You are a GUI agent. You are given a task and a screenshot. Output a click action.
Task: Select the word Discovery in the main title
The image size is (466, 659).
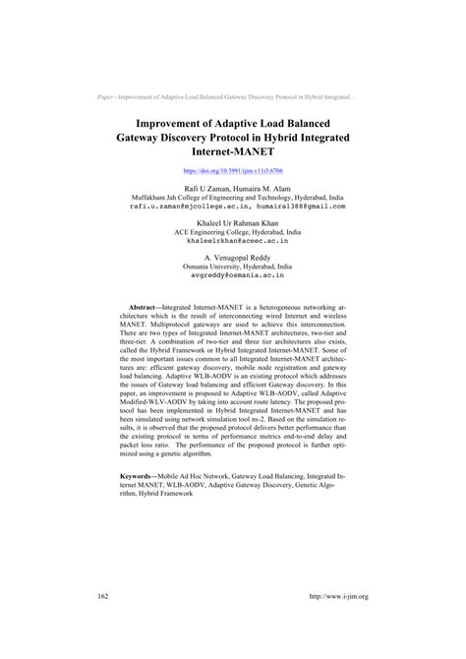point(225,139)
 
